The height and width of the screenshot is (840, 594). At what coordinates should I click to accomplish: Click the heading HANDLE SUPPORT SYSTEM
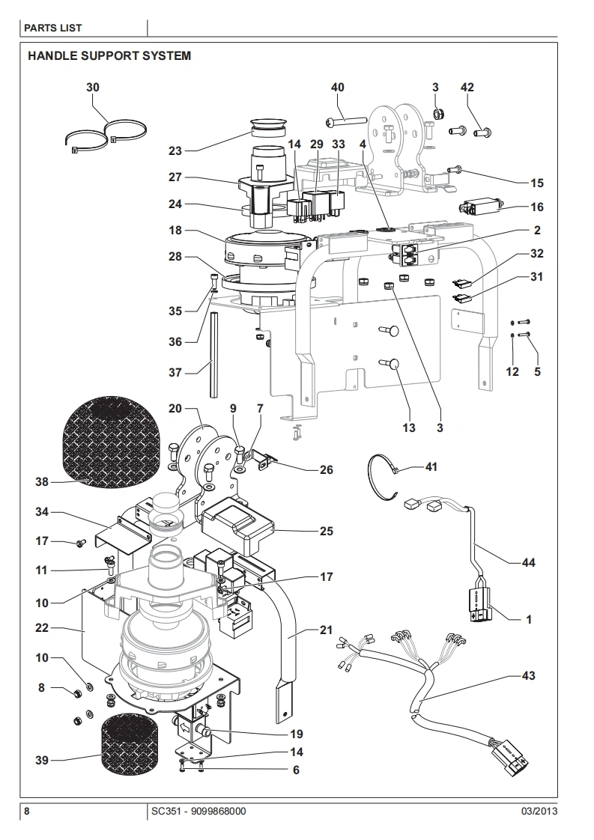109,55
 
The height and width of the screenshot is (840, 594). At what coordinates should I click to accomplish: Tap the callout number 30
93,88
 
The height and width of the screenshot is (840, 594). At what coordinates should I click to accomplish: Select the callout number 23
175,151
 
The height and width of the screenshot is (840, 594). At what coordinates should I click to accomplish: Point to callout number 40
338,88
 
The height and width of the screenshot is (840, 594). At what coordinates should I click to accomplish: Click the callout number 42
467,88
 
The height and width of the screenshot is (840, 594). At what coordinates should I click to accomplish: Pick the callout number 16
536,207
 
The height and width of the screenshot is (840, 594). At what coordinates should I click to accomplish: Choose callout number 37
175,372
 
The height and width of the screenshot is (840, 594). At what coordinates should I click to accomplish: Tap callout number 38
42,481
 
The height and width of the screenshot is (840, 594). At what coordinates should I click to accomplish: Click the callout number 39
42,760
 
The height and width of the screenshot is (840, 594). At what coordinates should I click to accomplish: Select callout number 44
529,562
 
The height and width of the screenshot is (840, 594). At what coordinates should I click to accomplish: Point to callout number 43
529,675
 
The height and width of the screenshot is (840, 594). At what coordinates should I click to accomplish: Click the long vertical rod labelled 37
213,356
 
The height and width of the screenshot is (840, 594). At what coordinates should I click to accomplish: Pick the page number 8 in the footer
27,811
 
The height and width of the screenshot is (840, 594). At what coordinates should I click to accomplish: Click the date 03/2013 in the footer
539,811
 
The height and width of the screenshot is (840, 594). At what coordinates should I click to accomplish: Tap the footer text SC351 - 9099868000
199,811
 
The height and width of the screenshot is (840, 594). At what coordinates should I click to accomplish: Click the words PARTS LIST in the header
53,28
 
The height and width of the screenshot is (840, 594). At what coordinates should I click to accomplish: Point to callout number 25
327,531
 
